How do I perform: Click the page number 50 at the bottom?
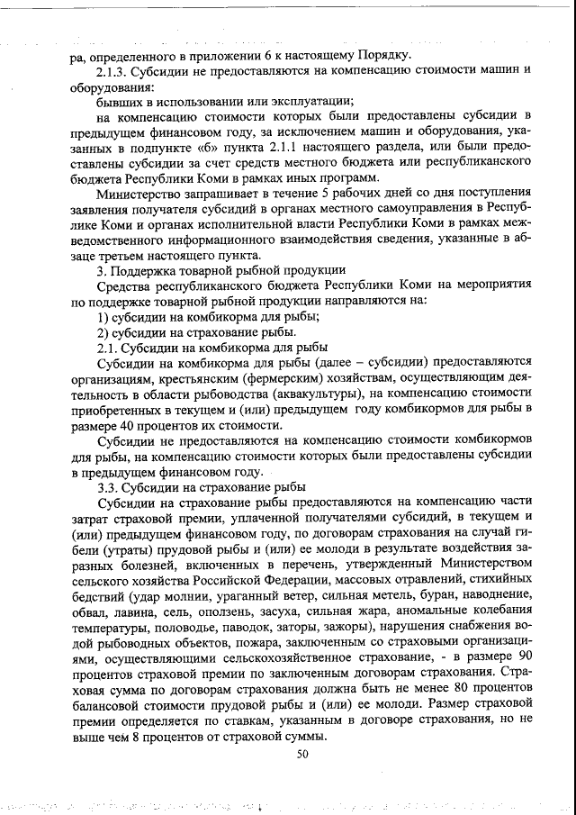click(x=302, y=755)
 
